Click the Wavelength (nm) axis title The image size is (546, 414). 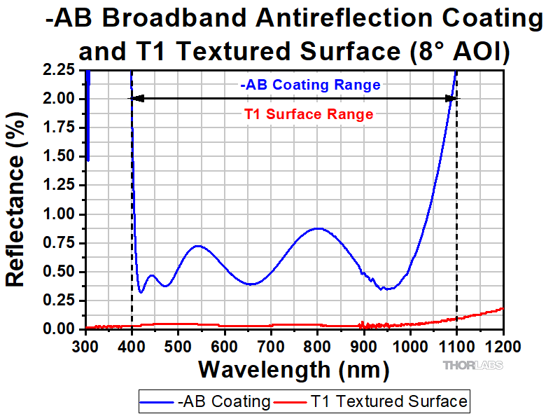[293, 368]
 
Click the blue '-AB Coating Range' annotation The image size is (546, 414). [310, 85]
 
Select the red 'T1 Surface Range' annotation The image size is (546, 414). [308, 114]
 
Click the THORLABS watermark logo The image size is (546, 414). [472, 365]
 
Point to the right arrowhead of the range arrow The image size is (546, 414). [451, 99]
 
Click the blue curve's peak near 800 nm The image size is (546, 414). [318, 228]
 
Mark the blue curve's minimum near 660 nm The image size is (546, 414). [253, 284]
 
